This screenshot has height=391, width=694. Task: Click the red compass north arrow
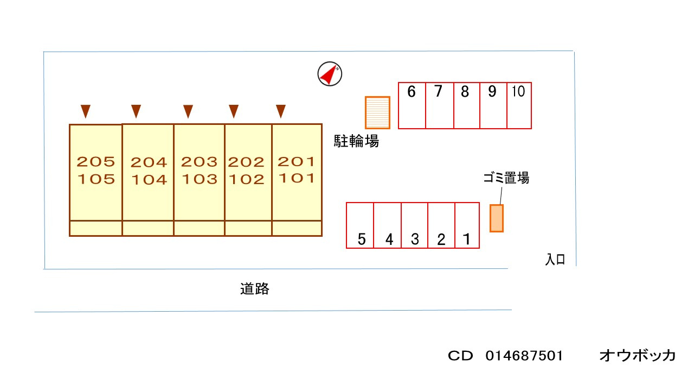(329, 74)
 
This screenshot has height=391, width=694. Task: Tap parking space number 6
(412, 105)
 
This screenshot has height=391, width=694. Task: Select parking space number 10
(519, 105)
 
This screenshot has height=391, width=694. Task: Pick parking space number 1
(467, 225)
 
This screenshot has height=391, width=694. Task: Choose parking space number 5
(361, 225)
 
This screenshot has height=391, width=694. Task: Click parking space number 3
(415, 225)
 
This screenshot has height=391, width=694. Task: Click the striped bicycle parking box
(377, 112)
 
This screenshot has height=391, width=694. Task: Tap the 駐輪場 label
(356, 142)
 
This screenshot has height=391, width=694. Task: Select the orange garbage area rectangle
(497, 218)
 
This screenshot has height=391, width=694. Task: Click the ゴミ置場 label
(506, 178)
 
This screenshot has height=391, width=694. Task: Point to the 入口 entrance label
(555, 260)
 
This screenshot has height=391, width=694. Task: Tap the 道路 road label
(255, 289)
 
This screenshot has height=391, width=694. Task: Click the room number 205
(96, 162)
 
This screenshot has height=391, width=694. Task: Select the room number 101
(296, 178)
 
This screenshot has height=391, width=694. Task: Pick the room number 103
(199, 179)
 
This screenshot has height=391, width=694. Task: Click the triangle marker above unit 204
(136, 111)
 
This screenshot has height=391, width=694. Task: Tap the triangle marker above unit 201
(280, 111)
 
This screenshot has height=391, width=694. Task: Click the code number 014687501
(524, 356)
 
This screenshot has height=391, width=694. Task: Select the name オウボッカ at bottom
(638, 356)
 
